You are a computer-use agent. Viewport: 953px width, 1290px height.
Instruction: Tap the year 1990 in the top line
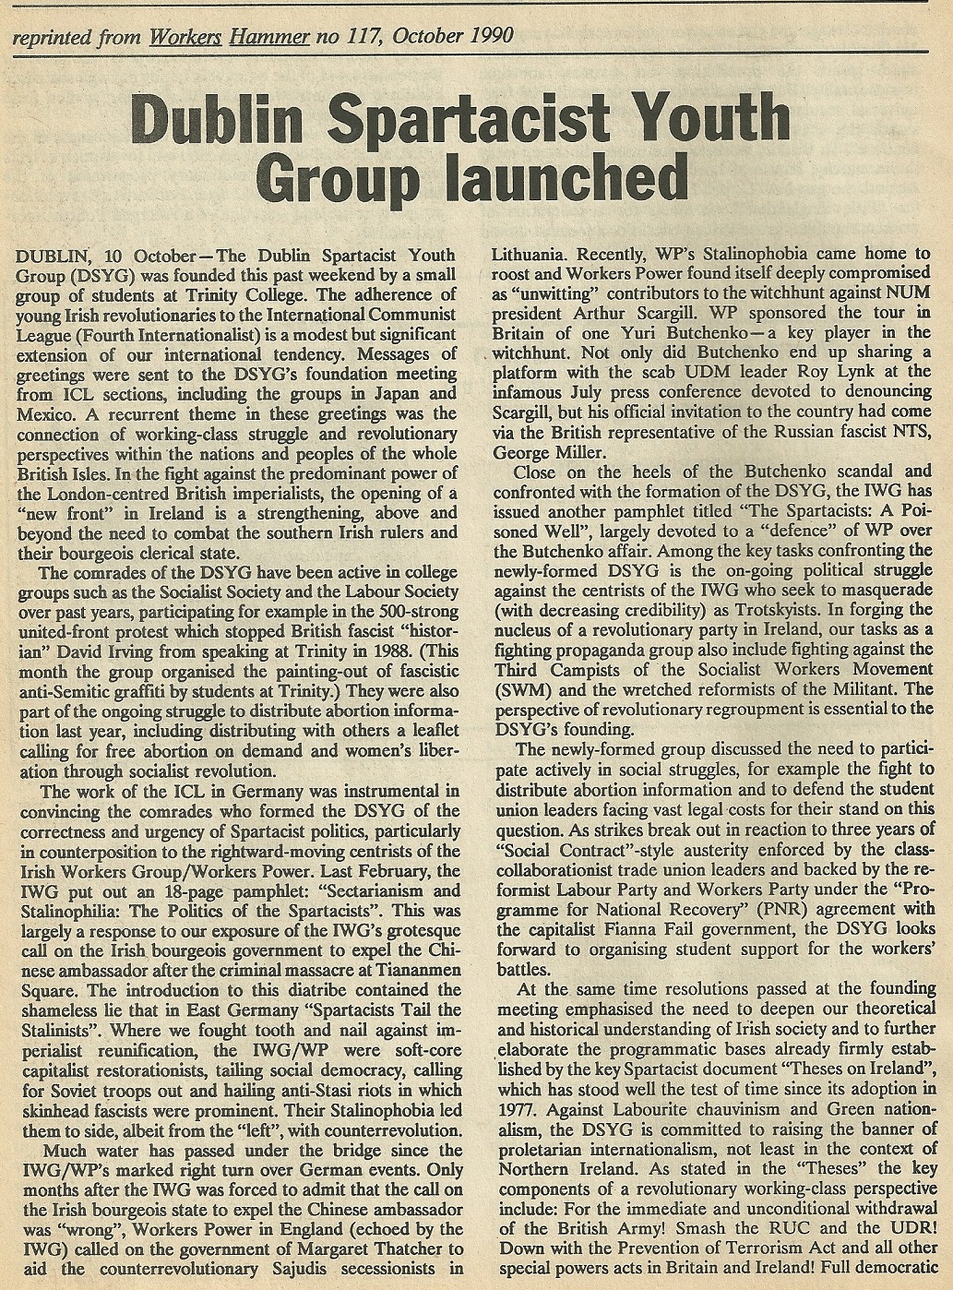point(484,36)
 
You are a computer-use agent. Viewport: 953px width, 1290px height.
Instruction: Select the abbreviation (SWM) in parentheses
point(522,689)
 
